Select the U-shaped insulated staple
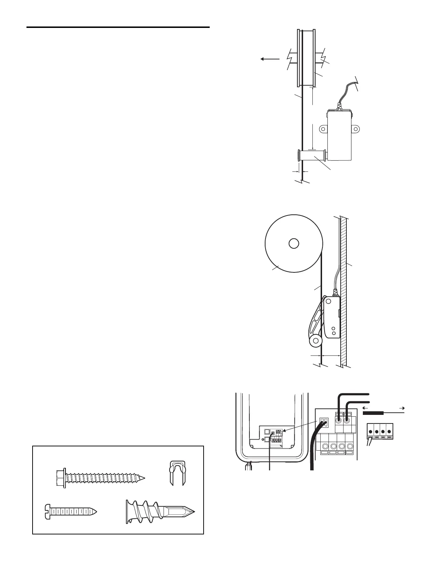(177, 472)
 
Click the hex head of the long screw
(60, 478)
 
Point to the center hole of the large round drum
(293, 243)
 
